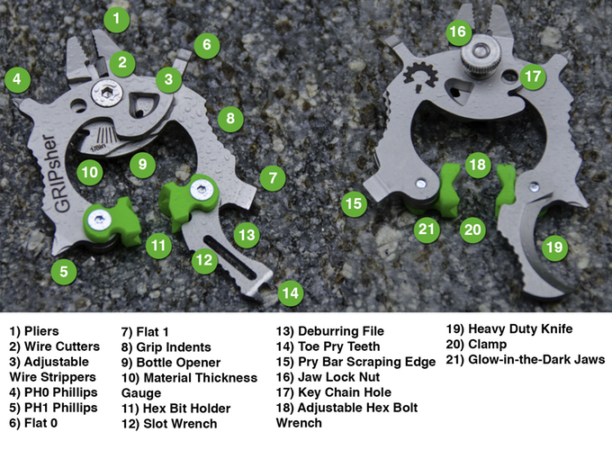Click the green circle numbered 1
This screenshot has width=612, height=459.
point(116,18)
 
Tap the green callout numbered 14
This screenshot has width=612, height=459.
point(291,293)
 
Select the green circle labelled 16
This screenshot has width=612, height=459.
point(458,31)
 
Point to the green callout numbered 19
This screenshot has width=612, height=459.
point(554,247)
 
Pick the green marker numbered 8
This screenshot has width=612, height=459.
point(230,118)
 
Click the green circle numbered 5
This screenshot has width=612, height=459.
point(64,271)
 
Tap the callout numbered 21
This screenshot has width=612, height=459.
point(427,229)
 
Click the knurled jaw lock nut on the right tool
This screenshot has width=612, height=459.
point(479,54)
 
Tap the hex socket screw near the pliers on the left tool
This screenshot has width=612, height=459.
point(107,94)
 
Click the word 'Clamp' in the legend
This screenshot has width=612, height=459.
point(488,345)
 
